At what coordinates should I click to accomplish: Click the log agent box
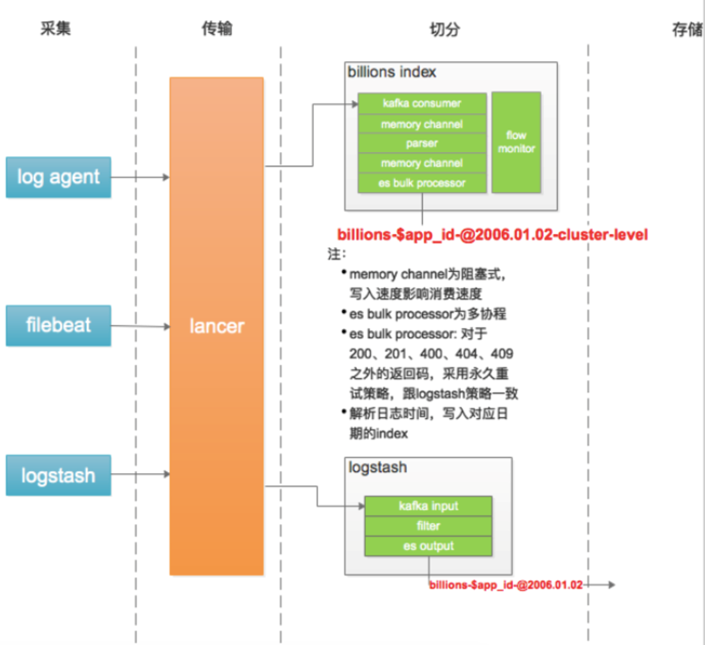click(x=58, y=177)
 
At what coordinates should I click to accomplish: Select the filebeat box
click(x=58, y=325)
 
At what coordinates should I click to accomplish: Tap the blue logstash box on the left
click(x=58, y=475)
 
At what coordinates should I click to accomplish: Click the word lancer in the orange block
click(x=216, y=326)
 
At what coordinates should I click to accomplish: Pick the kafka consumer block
click(x=422, y=103)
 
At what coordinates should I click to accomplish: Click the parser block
click(x=422, y=143)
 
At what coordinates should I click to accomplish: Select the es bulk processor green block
click(x=422, y=183)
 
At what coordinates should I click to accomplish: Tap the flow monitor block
click(x=516, y=142)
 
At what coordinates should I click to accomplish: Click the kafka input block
click(x=428, y=506)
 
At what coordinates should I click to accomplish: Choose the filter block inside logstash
click(x=428, y=526)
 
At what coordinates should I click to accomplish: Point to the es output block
click(x=428, y=546)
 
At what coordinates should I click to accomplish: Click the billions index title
click(x=392, y=72)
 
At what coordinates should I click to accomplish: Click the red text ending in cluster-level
click(x=492, y=235)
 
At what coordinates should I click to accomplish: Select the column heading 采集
click(x=56, y=29)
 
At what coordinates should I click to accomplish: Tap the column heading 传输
click(x=216, y=29)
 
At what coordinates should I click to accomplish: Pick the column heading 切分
click(x=444, y=29)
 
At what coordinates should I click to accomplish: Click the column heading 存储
click(x=686, y=30)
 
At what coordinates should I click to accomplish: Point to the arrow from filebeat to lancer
click(x=140, y=326)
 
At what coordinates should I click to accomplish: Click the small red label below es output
click(x=506, y=584)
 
